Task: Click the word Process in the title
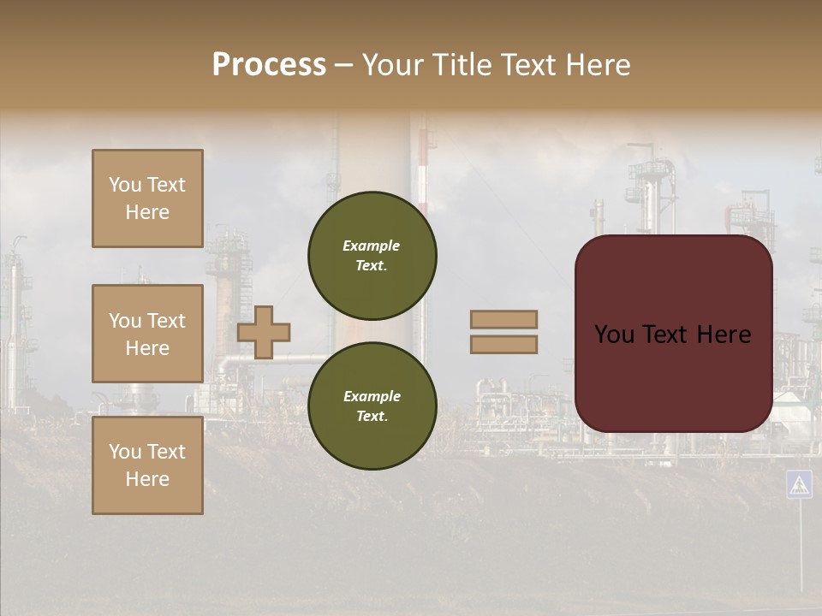click(x=269, y=65)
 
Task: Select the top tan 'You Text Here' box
click(x=147, y=198)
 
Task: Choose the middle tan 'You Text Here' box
click(x=147, y=334)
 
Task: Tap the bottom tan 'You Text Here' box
click(x=147, y=465)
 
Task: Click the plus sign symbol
click(x=264, y=332)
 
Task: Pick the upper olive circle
click(x=372, y=255)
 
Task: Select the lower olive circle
click(x=372, y=406)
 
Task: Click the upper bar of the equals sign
click(x=504, y=319)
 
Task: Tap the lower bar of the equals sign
click(x=504, y=344)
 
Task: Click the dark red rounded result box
click(x=673, y=334)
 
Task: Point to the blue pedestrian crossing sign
click(x=799, y=484)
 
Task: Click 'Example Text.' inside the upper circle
click(x=372, y=256)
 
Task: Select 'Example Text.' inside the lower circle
click(x=372, y=406)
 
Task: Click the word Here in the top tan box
click(x=147, y=212)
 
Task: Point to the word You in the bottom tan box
click(x=124, y=452)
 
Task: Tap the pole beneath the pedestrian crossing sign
click(x=801, y=548)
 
